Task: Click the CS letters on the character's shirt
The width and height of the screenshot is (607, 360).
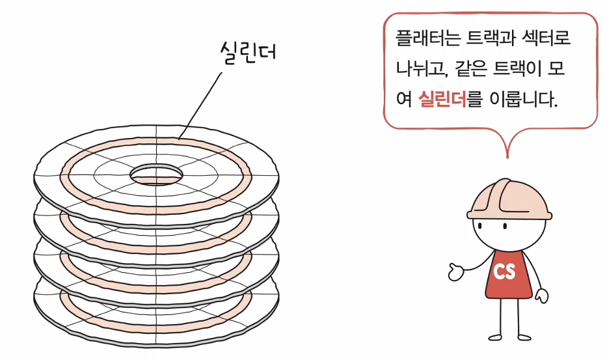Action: [x=505, y=271]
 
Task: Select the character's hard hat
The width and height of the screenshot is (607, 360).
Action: [x=509, y=199]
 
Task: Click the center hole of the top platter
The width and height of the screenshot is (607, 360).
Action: [x=156, y=174]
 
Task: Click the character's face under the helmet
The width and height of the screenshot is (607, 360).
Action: [x=500, y=230]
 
